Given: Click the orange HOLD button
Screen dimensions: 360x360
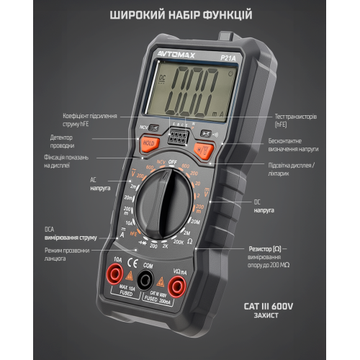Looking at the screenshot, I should point(149,143).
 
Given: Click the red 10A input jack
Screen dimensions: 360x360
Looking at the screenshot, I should point(114,274).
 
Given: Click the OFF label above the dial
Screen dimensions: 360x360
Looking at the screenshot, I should point(173,163).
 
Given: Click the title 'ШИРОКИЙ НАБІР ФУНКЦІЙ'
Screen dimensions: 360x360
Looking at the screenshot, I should point(179,14).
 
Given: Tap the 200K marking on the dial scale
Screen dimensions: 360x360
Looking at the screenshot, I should point(178,244).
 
